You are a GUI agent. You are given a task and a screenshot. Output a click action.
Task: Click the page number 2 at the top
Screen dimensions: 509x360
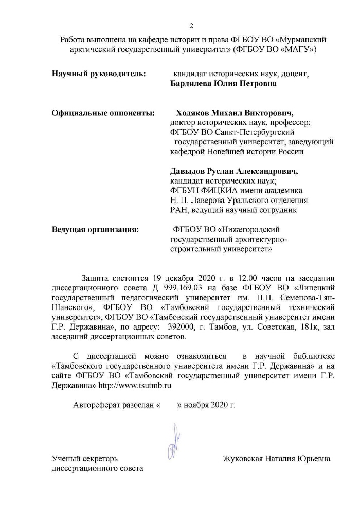191,26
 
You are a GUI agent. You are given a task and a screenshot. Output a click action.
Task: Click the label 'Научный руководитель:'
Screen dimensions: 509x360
99,74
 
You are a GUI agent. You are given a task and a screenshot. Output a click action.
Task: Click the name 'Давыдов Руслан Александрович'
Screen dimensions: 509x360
234,171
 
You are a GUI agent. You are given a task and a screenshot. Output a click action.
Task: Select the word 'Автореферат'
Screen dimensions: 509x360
97,405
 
